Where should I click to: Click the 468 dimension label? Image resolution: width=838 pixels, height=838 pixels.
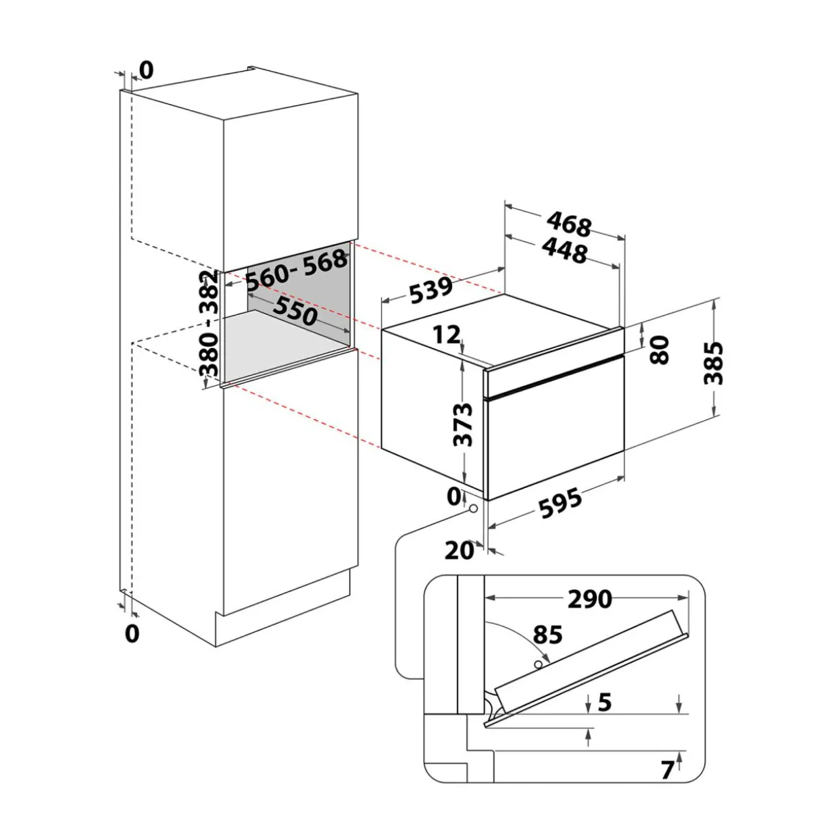pos(569,224)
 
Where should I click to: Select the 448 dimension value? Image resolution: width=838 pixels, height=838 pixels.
pos(564,251)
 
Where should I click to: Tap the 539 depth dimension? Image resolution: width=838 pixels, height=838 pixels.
pos(431,291)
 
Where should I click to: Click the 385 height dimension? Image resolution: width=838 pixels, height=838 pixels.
pos(713,364)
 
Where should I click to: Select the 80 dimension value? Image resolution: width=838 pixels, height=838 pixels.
pos(659,349)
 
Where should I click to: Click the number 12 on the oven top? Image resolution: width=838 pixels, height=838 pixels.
pos(446,335)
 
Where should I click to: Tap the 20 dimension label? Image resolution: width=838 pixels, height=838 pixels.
pos(460,551)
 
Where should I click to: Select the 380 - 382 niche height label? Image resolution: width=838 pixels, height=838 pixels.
pos(208,323)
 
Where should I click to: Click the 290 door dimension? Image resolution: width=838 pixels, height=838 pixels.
pos(590,599)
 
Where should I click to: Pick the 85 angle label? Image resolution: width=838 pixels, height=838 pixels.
pos(548,635)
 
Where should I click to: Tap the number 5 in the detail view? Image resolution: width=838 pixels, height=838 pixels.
pos(604,702)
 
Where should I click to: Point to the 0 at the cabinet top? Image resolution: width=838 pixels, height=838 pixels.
pos(147,70)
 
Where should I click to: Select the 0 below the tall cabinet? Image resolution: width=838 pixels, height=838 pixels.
pos(132,633)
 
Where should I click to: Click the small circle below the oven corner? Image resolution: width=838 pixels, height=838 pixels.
pos(473,508)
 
